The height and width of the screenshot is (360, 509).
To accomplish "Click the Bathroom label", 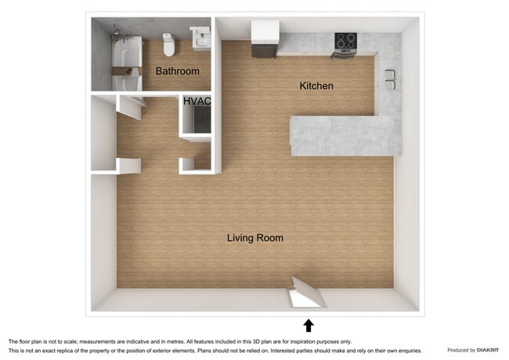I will point(177,71).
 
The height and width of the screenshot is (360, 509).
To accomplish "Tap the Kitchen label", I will point(316,86).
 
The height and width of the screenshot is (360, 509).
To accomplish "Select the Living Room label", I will point(255,238).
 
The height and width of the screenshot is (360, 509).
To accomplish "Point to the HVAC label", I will point(197,102).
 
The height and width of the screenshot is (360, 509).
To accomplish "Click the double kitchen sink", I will point(389,79).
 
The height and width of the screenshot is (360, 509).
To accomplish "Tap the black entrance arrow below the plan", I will point(309,326).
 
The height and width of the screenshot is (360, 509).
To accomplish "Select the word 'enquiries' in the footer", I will point(407,351).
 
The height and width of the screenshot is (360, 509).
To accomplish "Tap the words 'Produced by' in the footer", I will point(460,350).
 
